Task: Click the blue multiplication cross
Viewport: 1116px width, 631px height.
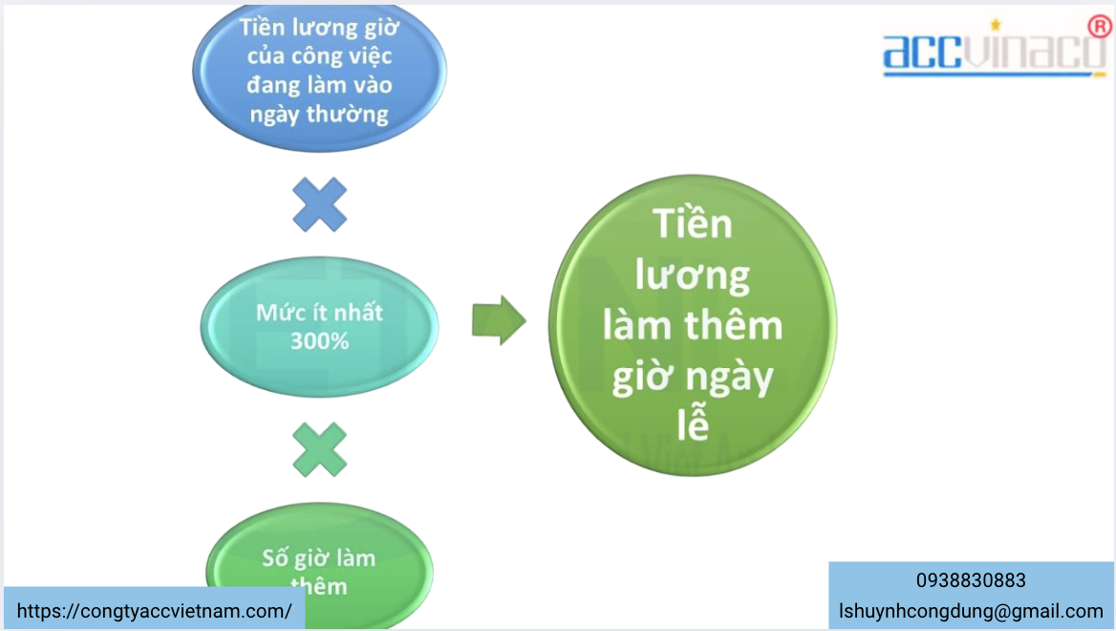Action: (319, 204)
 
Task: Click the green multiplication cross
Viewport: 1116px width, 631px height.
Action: (319, 449)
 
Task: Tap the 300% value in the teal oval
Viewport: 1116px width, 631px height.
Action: (319, 339)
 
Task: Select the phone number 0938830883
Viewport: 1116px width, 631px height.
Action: (971, 580)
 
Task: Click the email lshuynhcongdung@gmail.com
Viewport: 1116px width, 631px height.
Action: (971, 611)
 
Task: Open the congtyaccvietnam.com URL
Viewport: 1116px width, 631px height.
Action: (155, 611)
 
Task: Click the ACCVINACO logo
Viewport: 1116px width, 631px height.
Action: (994, 53)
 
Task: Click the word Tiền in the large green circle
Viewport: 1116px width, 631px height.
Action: (693, 225)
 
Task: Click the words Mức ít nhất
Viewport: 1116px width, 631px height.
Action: (319, 313)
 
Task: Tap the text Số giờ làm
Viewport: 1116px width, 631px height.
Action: (319, 558)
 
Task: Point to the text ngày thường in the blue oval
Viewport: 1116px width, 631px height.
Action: (319, 115)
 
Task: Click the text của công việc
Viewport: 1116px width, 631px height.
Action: (319, 56)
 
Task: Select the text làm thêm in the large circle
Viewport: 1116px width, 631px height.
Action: (693, 326)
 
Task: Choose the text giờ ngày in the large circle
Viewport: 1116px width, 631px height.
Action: (693, 378)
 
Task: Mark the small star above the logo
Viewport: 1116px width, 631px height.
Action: (995, 24)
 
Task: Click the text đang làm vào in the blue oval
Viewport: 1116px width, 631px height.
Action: (319, 85)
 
